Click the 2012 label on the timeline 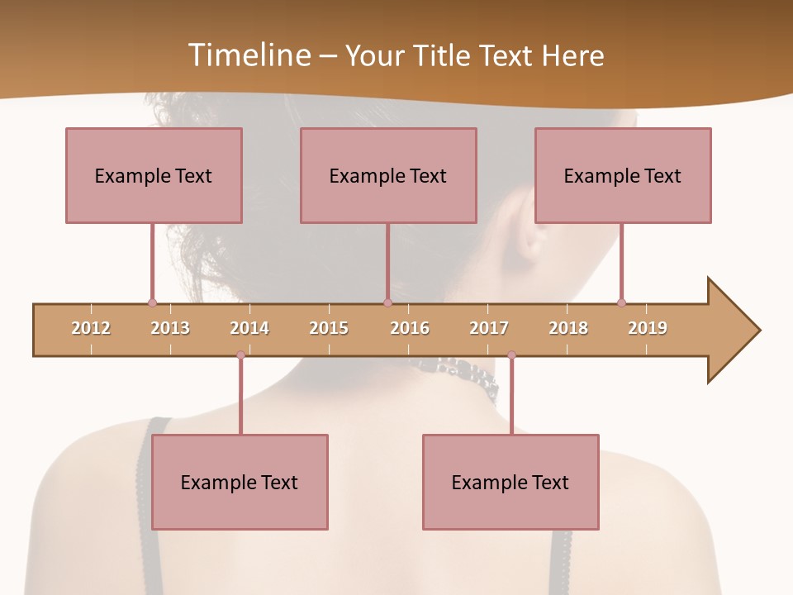[x=91, y=328]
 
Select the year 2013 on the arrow [x=170, y=328]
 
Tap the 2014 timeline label [x=249, y=328]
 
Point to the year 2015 [x=329, y=328]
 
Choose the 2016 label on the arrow [x=410, y=328]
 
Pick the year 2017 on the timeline [x=489, y=328]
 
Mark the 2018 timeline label [x=568, y=328]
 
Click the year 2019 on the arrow [x=648, y=328]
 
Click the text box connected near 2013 [x=154, y=175]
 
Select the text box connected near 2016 [x=388, y=175]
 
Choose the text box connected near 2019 [x=623, y=175]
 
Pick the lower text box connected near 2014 [x=240, y=482]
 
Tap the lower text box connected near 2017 [x=510, y=482]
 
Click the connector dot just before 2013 [x=152, y=302]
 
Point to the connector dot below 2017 [x=511, y=355]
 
